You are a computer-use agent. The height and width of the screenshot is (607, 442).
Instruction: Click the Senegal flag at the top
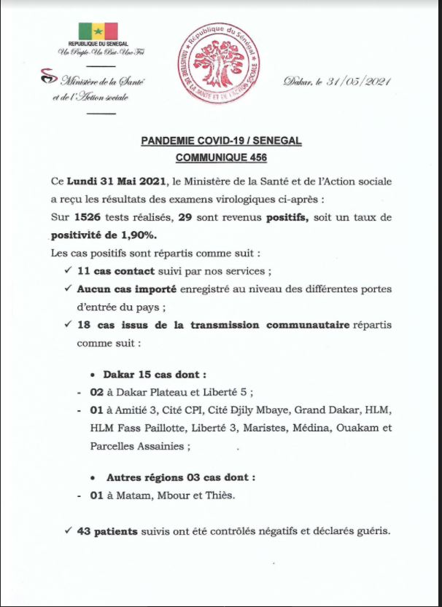[x=98, y=31]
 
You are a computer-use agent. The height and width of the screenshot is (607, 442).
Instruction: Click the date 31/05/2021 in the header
[x=362, y=82]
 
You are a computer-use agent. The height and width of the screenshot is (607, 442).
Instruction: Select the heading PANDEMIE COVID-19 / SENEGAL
[x=220, y=141]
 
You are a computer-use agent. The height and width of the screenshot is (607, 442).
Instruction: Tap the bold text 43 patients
[x=107, y=532]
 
